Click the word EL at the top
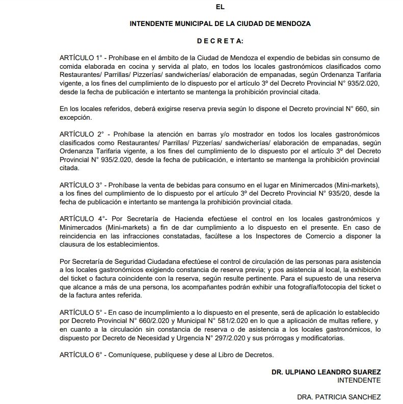tap(220, 7)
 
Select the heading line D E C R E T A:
tap(220, 40)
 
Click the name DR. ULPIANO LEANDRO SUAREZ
tap(326, 372)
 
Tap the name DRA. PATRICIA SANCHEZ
tap(339, 396)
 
